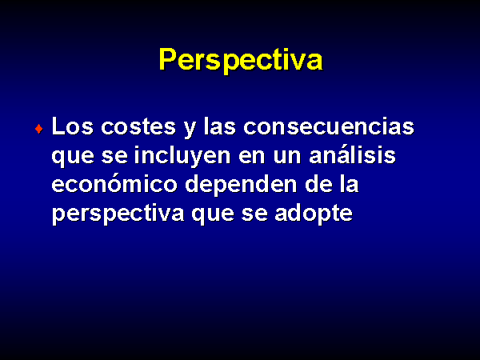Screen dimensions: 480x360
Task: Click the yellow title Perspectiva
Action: click(241, 60)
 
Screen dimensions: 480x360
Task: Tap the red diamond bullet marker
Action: click(39, 129)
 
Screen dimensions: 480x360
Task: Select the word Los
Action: click(73, 126)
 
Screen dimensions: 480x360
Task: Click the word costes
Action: click(138, 126)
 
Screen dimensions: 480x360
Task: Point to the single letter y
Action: click(190, 130)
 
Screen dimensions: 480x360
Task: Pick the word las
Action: click(219, 126)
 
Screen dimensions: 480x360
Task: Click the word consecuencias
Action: click(329, 126)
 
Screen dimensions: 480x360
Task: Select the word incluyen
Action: click(182, 156)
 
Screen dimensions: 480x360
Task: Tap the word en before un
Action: click(251, 158)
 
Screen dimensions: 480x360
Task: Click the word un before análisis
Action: click(287, 158)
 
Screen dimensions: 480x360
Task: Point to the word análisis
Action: click(352, 155)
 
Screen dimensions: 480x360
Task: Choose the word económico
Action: click(114, 184)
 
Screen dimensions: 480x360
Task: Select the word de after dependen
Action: click(318, 184)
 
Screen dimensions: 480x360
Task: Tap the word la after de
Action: click(350, 184)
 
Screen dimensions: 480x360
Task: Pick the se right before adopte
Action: click(254, 215)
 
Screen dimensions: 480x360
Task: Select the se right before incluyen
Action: click(114, 158)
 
